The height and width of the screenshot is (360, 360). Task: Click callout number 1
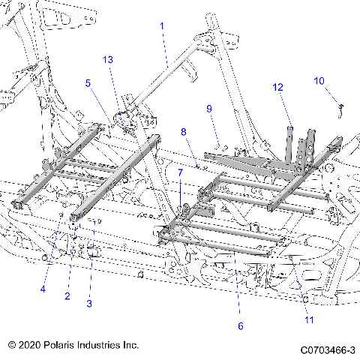coord(160,25)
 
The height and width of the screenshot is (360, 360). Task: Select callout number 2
coord(67,297)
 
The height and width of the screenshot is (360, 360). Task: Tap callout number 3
coord(89,303)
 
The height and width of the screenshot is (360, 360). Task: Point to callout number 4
coord(43,289)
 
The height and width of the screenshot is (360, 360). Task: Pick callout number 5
coord(88,83)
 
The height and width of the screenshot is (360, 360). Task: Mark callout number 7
coord(180,172)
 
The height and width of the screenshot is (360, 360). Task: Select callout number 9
coord(210,109)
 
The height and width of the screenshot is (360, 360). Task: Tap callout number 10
coord(319,81)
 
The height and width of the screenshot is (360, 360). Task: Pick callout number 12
coord(277,88)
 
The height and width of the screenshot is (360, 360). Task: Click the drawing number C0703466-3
coord(328,349)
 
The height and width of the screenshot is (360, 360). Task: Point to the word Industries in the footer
coord(100,346)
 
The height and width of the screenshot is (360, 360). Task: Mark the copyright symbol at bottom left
coord(12,346)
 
